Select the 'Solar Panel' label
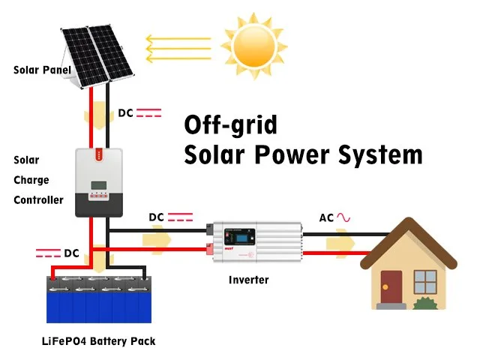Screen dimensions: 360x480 [x=42, y=70]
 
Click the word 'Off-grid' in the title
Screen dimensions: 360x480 [x=230, y=124]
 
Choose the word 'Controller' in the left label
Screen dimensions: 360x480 [x=38, y=200]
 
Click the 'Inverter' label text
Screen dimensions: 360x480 [x=248, y=280]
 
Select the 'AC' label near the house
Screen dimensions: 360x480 [x=326, y=217]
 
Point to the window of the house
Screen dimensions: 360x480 [x=424, y=281]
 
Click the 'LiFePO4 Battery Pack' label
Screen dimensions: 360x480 [x=98, y=341]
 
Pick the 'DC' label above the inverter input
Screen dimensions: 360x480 [x=156, y=217]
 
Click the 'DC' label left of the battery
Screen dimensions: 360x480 [x=71, y=253]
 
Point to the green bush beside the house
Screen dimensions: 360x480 [x=425, y=304]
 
